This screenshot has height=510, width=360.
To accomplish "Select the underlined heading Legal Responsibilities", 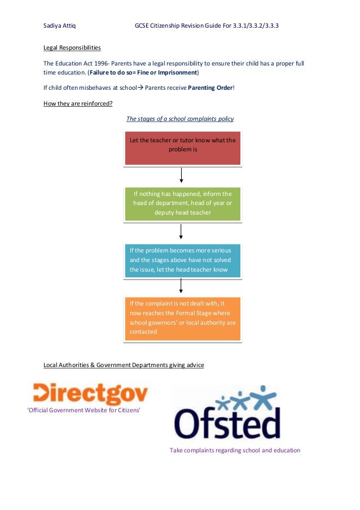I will pos(72,47).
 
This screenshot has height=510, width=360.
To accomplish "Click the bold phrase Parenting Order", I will pos(210,88).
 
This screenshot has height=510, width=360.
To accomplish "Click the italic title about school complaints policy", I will pos(180,119).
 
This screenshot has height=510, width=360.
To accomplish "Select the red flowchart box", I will pos(183,148).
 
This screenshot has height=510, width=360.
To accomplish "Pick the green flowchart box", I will pos(183,203).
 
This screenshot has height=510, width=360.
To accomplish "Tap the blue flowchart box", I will pos(183,260).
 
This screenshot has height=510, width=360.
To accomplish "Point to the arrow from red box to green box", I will pos(181,175).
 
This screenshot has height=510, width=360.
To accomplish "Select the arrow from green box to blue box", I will pos(181,232).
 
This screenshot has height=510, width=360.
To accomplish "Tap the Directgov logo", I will pos(90,393).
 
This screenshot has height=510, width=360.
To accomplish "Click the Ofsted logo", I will pos(227,413).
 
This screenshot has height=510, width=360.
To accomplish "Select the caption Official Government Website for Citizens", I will pos(84,410).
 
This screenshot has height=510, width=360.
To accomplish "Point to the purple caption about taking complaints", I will pos(235,450).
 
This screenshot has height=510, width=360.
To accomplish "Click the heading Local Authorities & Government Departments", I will pos(124,365).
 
